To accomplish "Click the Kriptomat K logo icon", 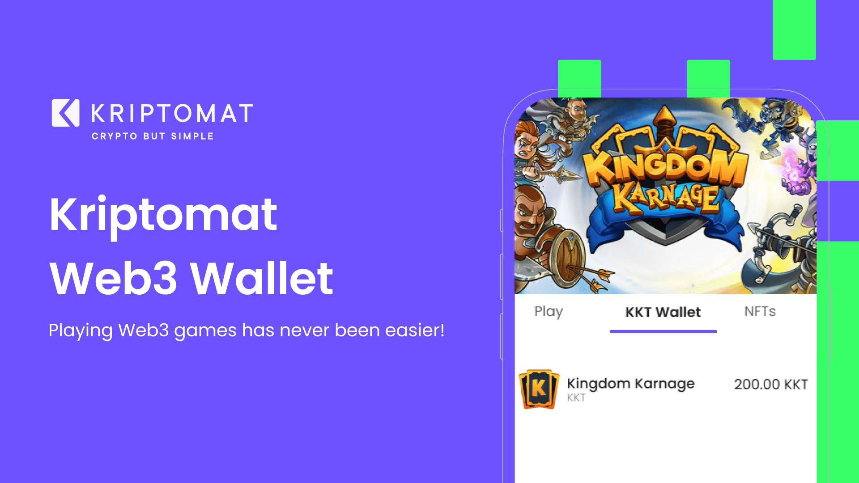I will tap(65, 113).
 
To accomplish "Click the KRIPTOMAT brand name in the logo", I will tap(172, 113).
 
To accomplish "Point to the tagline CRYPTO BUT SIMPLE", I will tap(153, 136).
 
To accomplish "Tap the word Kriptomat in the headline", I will tap(163, 216).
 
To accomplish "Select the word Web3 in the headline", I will tap(114, 279).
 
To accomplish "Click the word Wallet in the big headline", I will tap(262, 279).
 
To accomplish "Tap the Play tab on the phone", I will tap(549, 311).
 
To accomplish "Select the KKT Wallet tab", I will tap(663, 312).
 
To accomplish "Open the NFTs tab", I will tap(760, 311).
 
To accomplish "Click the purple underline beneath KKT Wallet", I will tap(663, 331).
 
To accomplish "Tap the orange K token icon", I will tap(539, 389).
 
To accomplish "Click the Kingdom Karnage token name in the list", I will tap(630, 384).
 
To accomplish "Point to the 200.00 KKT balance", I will tap(770, 384).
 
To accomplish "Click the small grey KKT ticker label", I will tap(576, 398).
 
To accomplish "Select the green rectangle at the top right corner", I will tap(794, 30).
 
